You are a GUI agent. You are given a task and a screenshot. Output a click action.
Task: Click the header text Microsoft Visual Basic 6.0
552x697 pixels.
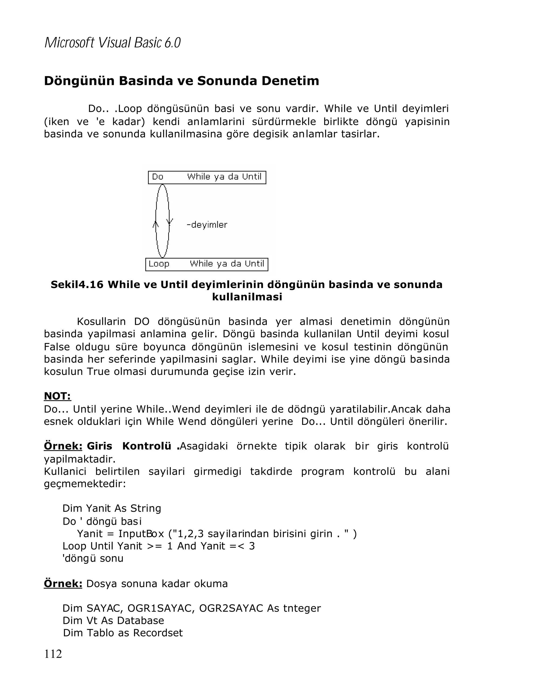(x=112, y=43)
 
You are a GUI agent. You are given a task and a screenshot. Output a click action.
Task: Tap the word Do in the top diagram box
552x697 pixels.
(x=158, y=177)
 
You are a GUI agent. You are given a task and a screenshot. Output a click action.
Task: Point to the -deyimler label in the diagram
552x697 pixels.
(x=207, y=225)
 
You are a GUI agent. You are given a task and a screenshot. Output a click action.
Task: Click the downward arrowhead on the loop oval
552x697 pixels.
(x=170, y=222)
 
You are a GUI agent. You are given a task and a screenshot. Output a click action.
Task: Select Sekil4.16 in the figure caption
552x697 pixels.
(x=77, y=285)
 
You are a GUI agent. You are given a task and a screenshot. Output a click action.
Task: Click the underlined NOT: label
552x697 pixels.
(x=57, y=396)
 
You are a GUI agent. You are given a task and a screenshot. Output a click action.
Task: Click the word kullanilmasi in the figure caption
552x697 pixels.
(x=247, y=297)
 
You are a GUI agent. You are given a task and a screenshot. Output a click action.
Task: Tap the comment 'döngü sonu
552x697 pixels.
(x=93, y=558)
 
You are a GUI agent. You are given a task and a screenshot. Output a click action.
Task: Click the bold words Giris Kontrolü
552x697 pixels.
(x=129, y=446)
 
